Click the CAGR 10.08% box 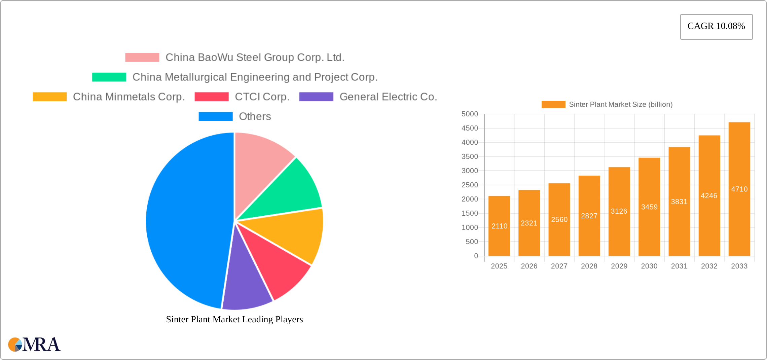click(x=716, y=27)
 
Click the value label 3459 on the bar click(x=649, y=207)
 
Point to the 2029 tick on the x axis click(x=619, y=266)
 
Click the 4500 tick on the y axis click(x=470, y=128)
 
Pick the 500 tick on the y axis click(x=472, y=242)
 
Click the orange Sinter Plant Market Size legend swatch click(x=553, y=104)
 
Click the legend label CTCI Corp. click(x=262, y=97)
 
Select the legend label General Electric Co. click(x=388, y=97)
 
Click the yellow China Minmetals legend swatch click(x=49, y=97)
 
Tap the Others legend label click(x=255, y=116)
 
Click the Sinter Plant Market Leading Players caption click(x=234, y=319)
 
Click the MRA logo click(x=34, y=345)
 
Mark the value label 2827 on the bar click(x=589, y=216)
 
